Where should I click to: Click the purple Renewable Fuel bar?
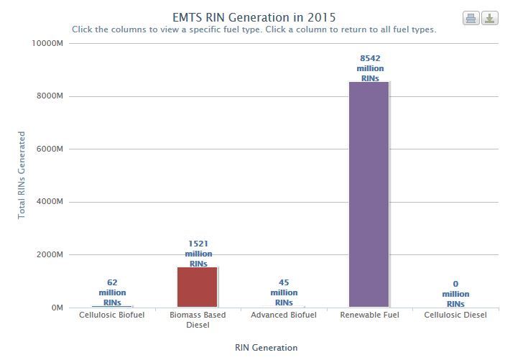pos(369,194)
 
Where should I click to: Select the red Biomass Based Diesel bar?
pos(197,287)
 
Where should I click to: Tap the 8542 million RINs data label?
pos(370,68)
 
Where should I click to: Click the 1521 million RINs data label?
pos(198,254)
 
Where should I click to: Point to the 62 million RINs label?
pos(112,292)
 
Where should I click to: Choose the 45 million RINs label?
pos(284,292)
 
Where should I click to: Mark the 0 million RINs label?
pos(455,294)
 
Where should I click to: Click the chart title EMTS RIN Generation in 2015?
pos(254,17)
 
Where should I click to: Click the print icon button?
pos(471,19)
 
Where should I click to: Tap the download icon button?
pos(490,19)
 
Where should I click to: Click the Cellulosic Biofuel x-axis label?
pos(111,315)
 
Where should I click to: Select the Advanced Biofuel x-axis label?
pos(284,315)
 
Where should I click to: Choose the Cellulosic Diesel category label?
pos(455,315)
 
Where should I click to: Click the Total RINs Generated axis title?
pos(22,175)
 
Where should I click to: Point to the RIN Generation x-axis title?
pos(266,348)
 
